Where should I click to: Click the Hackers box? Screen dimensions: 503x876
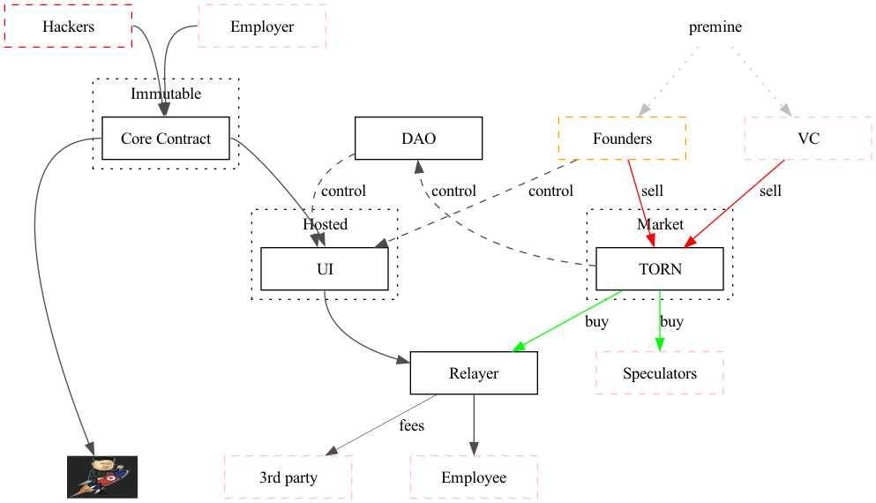[68, 26]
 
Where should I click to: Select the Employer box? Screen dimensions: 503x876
[262, 26]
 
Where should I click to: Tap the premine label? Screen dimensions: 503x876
[715, 26]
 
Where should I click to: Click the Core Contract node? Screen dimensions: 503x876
[166, 139]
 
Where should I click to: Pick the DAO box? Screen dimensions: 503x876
[418, 139]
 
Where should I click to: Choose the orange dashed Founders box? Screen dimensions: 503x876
[622, 139]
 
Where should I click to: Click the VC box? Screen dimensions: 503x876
[807, 139]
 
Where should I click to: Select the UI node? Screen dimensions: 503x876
[325, 269]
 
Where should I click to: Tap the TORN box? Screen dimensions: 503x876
[660, 269]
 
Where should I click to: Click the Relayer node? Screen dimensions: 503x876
[474, 373]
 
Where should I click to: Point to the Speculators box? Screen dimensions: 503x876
[660, 373]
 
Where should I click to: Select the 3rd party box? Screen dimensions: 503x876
[288, 477]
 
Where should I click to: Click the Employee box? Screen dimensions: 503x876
[474, 477]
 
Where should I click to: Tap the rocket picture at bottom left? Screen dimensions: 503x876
[102, 477]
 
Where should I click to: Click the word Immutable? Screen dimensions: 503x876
[166, 94]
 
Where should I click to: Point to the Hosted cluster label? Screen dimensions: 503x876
[325, 224]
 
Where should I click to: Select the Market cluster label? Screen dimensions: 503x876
[660, 224]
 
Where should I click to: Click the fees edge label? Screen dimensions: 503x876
[411, 425]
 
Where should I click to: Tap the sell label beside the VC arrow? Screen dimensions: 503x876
[770, 191]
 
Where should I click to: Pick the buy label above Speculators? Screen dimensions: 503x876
[671, 321]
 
